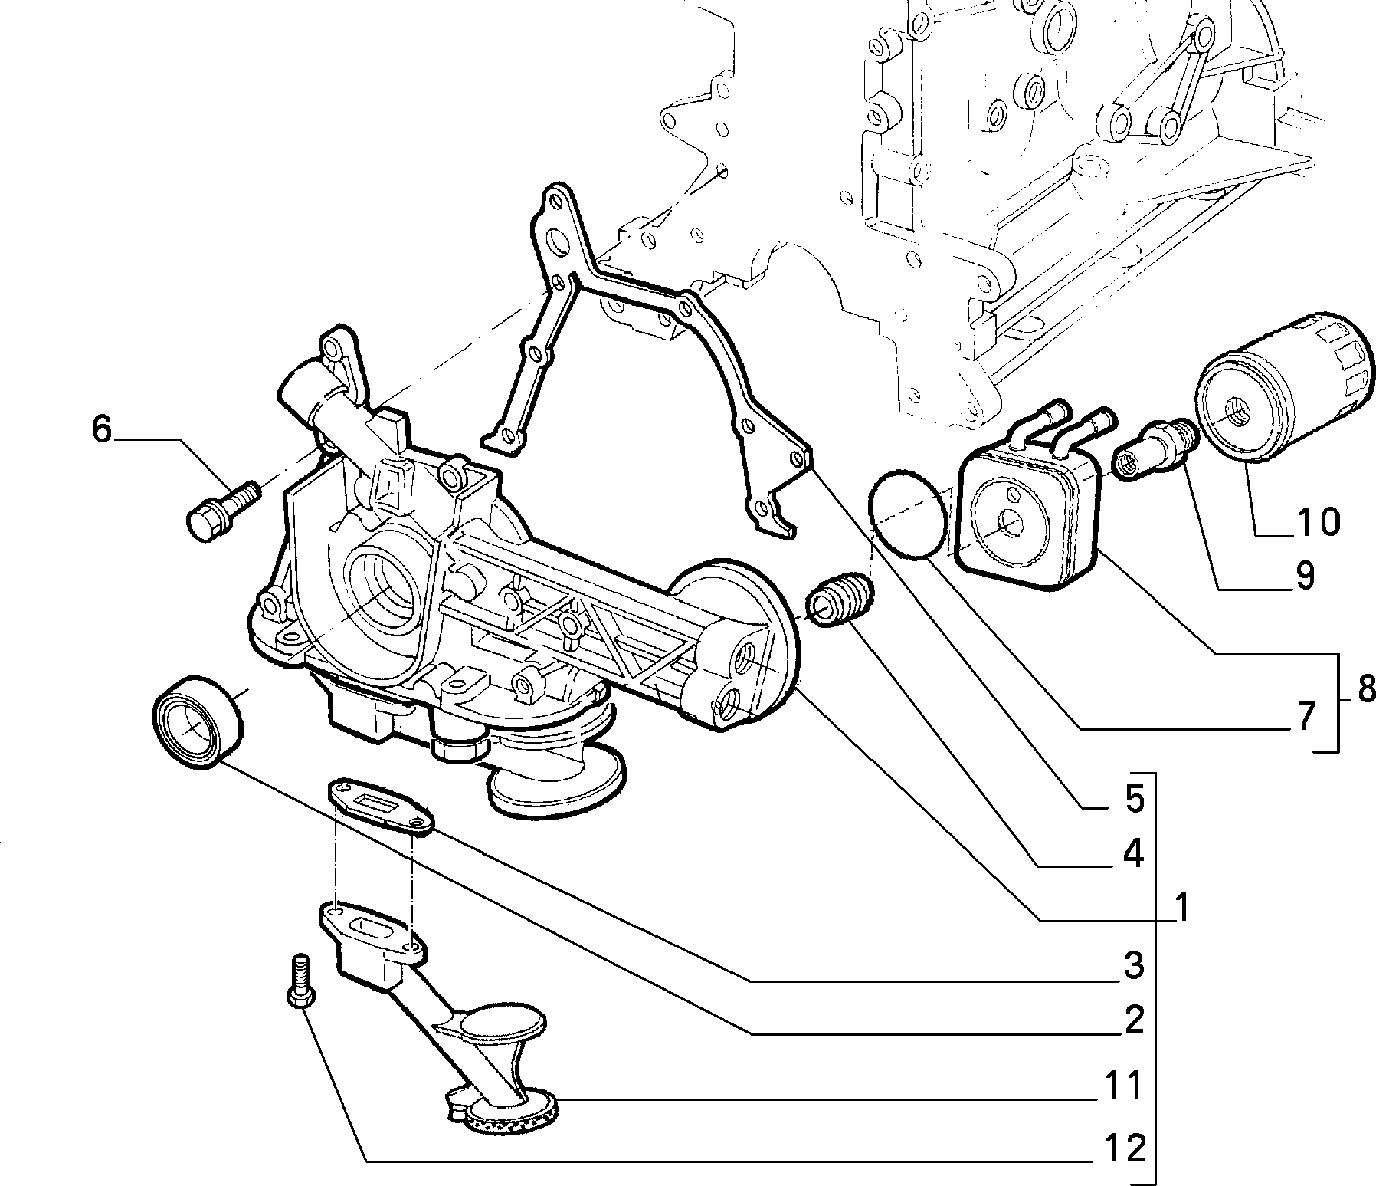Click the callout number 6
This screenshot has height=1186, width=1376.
tap(102, 429)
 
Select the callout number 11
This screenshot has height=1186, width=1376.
tap(1123, 1086)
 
